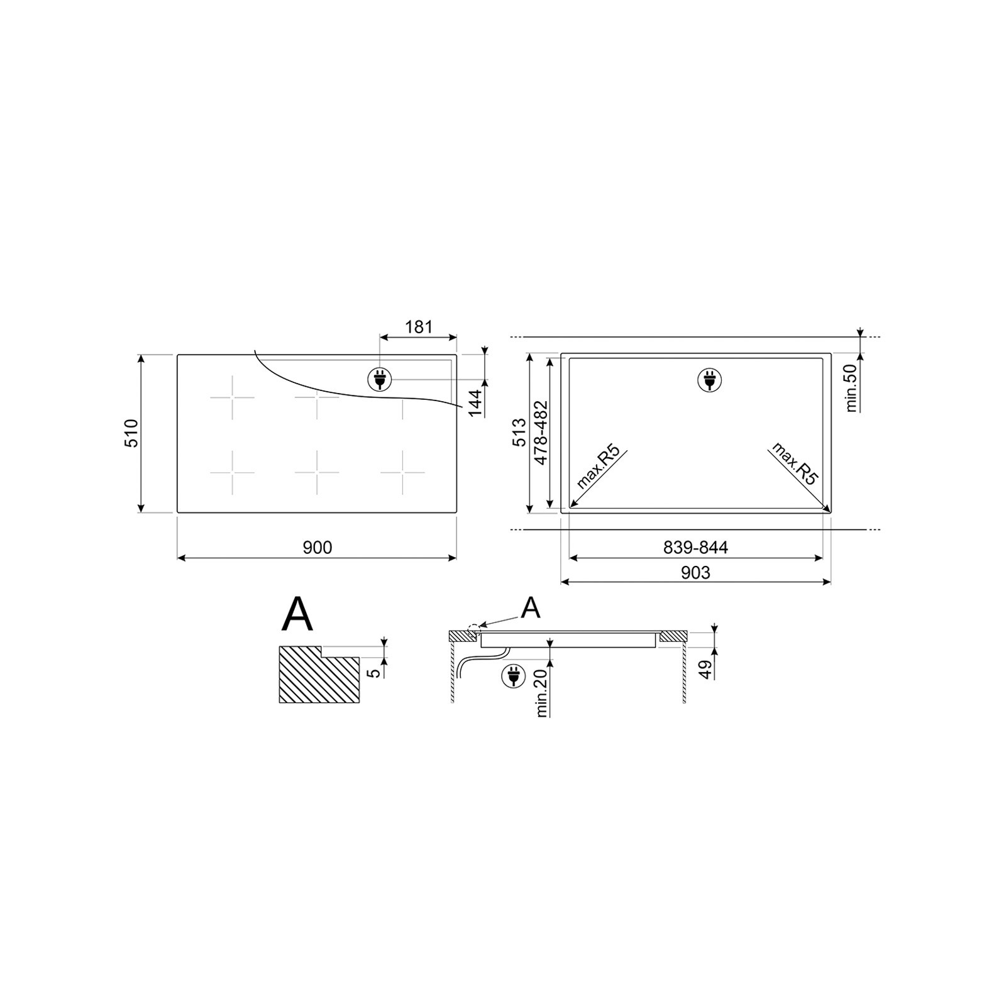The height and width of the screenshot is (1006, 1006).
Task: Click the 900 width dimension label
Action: (318, 548)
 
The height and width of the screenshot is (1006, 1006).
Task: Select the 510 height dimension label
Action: (132, 433)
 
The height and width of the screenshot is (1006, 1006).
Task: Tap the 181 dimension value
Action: (419, 327)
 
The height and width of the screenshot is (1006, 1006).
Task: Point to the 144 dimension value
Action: (475, 402)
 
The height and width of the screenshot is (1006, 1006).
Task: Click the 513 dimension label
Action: (519, 433)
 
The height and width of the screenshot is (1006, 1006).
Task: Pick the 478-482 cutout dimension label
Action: (541, 433)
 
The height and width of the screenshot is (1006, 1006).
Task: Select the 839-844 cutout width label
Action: (695, 548)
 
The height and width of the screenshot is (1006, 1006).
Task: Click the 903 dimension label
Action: (695, 572)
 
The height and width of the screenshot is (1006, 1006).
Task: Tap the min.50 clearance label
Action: (852, 387)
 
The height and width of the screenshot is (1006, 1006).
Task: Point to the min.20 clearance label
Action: (542, 693)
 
